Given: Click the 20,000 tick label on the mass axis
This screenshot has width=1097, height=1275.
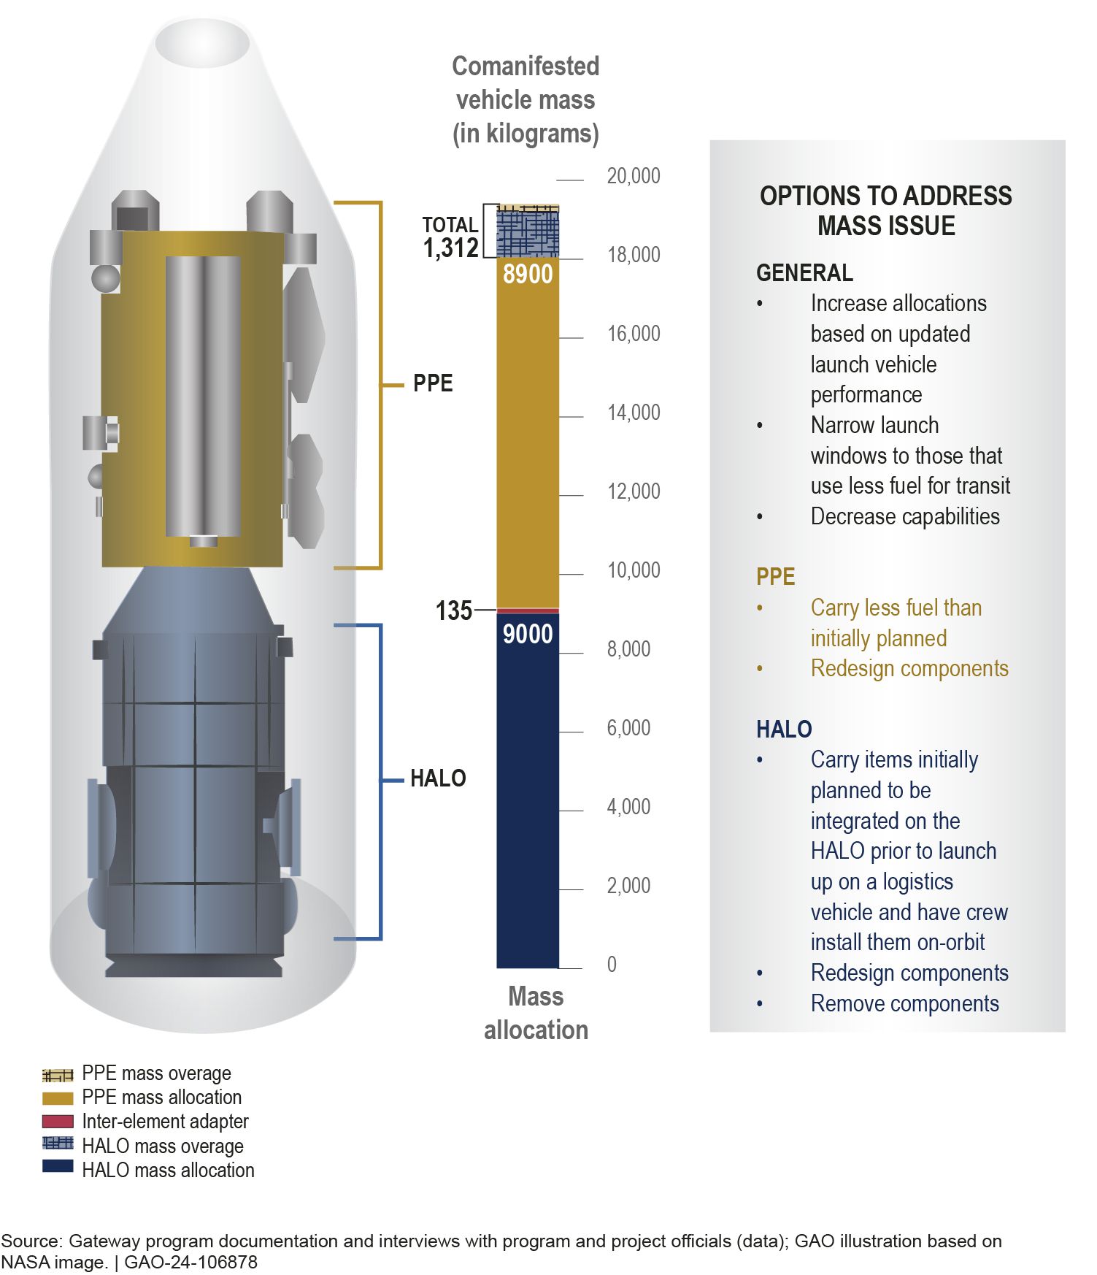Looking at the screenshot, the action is [x=633, y=176].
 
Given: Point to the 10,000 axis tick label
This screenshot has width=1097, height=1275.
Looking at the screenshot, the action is [x=633, y=570].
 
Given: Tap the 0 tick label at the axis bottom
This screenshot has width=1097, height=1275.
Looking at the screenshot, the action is [x=612, y=965].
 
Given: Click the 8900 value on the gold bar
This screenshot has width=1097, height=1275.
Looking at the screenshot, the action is [x=528, y=274].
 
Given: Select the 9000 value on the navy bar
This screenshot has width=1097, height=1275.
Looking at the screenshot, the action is [x=528, y=634].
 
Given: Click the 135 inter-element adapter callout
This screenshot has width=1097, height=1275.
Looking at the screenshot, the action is [x=453, y=610].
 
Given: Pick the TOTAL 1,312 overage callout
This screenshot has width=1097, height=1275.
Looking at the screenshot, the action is [x=450, y=237].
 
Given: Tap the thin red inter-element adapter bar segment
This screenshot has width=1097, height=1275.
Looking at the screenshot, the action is [x=528, y=610].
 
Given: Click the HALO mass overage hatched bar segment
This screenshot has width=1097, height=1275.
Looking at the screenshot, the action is [x=528, y=234].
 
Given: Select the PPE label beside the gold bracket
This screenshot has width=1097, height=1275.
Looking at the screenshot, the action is [x=433, y=383].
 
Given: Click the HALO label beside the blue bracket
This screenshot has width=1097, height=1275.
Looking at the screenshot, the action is [x=438, y=778].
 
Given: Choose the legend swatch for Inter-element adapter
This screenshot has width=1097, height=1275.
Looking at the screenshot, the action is [x=58, y=1122].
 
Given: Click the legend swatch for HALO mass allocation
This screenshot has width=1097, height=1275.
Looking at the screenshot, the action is [x=58, y=1166].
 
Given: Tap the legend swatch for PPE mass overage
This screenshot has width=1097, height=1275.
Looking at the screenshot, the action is [x=58, y=1075].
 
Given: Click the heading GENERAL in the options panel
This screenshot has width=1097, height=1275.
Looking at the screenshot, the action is [x=804, y=273].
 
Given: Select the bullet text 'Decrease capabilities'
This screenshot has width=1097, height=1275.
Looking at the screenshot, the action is [x=905, y=517].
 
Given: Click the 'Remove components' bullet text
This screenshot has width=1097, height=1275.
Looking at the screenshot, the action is [x=905, y=1004].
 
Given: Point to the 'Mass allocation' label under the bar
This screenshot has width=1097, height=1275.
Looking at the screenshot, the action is [x=536, y=1014].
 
